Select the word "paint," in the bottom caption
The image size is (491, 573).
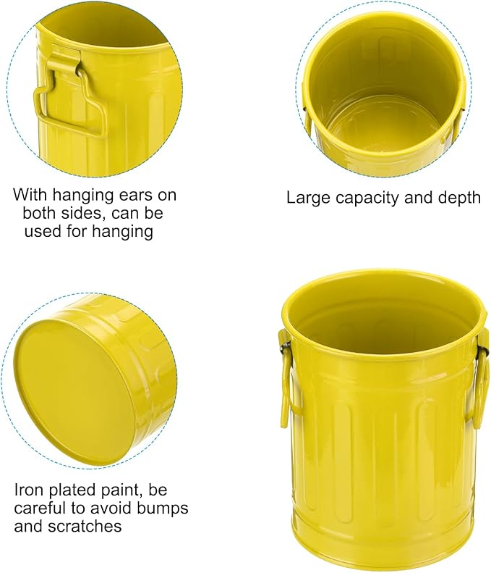point(122,490)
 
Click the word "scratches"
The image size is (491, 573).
point(85,527)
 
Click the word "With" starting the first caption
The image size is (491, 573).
point(30,195)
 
